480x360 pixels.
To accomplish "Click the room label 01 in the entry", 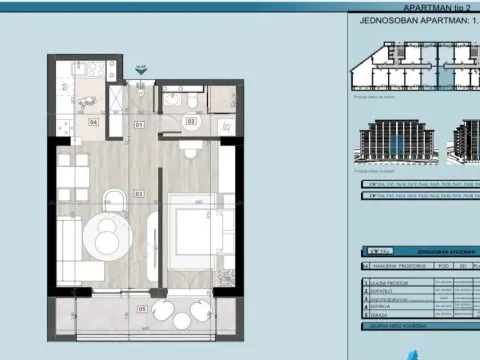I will coord(140,124).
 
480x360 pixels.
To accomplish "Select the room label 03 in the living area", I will coord(140,192).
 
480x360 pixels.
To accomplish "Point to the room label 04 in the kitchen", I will coord(94,122).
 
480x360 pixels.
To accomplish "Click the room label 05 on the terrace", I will coord(142,309).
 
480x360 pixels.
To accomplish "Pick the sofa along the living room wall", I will coord(68,244).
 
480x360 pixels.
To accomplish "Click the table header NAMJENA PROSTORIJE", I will coord(394,267).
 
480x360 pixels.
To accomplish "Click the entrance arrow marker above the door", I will coord(142,71).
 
